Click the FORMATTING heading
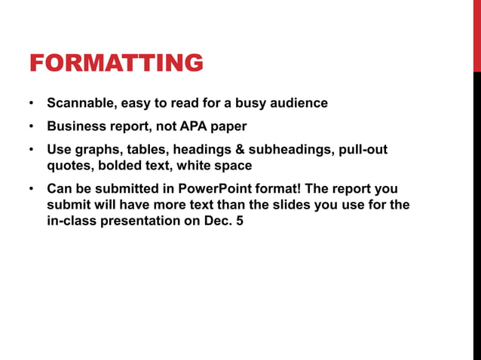click(x=116, y=63)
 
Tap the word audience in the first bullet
click(x=299, y=102)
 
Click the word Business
click(x=74, y=126)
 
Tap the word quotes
click(x=68, y=165)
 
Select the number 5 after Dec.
click(x=240, y=220)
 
